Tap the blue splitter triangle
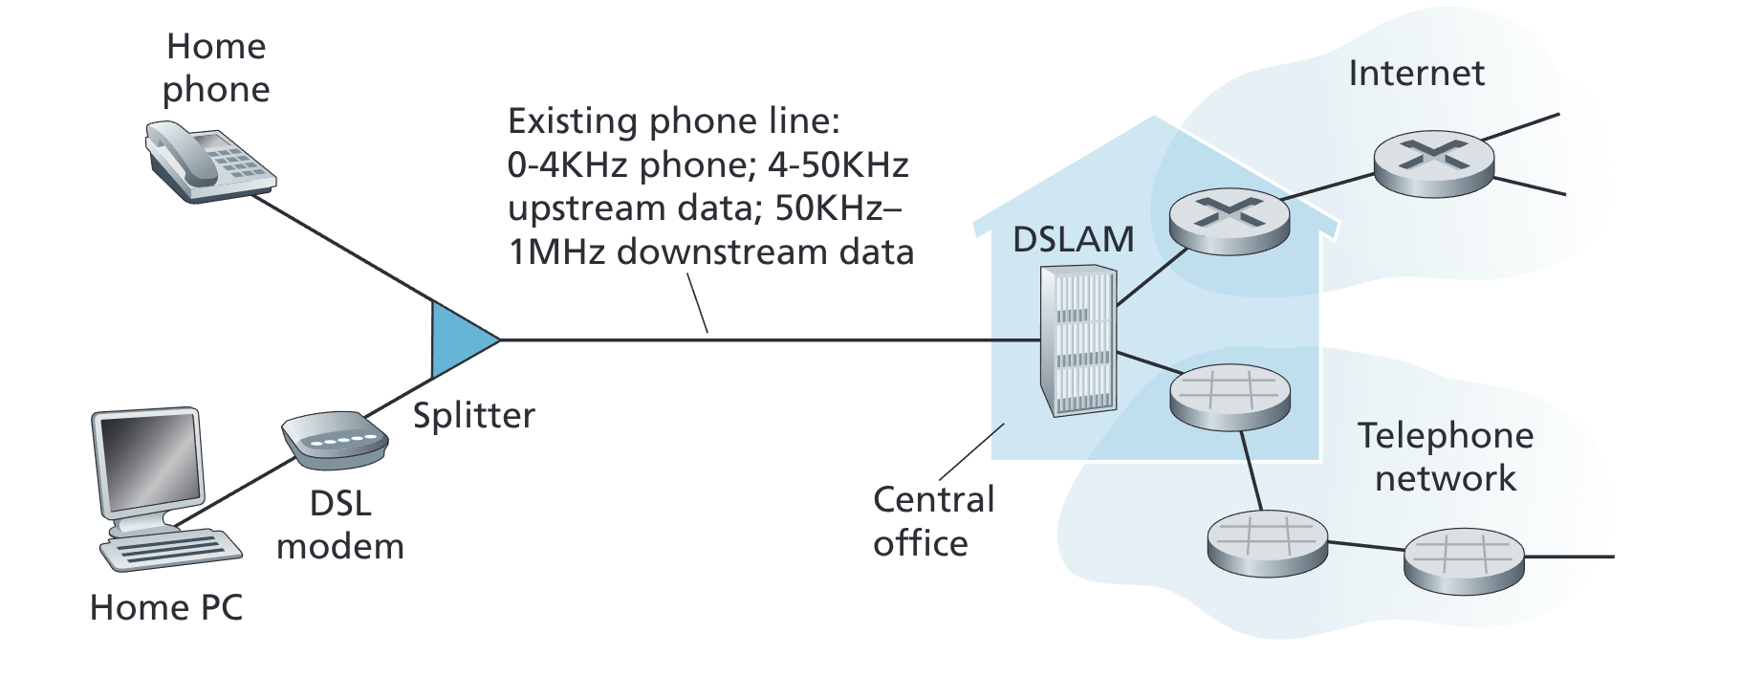462,339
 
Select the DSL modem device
335,441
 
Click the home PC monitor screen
150,464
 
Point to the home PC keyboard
170,550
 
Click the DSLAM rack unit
1078,340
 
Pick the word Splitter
473,416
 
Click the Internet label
1416,74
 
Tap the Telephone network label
1446,456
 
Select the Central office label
933,521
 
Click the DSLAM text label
1073,239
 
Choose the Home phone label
216,68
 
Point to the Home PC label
166,607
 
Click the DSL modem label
340,525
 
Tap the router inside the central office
1230,221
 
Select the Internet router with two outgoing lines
1433,164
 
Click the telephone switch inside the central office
1230,397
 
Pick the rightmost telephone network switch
1464,561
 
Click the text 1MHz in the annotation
557,252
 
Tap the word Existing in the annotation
572,122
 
